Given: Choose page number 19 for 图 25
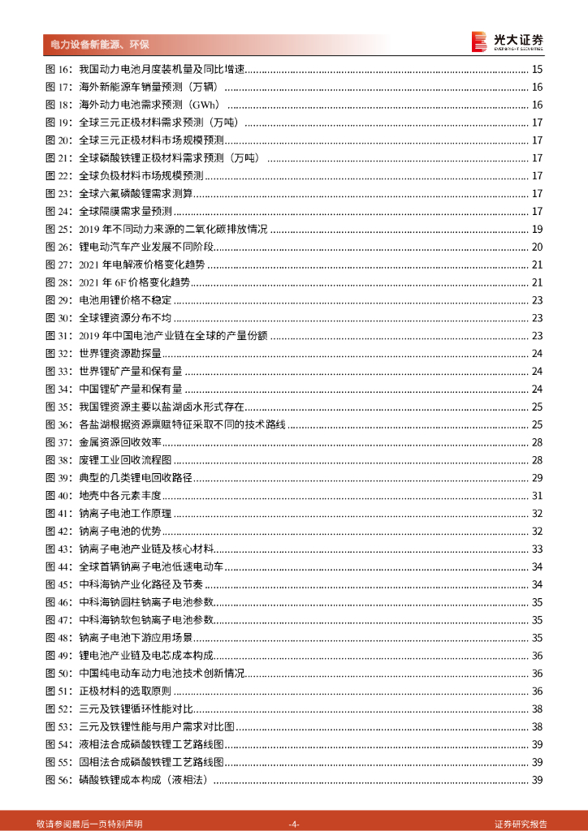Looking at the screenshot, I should [537, 229].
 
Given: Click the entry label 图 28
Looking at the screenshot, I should [59, 282].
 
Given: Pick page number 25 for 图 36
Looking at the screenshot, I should [537, 424].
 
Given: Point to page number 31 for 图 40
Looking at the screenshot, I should [537, 495].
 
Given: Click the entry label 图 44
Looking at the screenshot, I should [59, 566].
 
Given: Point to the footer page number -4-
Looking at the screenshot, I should [294, 824].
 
